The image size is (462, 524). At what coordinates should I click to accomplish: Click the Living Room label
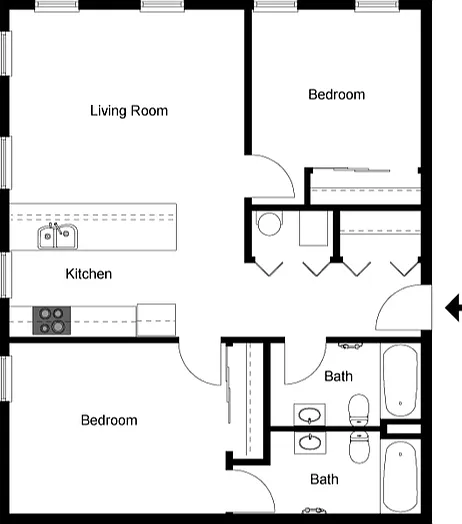coord(129,111)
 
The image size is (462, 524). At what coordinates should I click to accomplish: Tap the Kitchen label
coord(89,274)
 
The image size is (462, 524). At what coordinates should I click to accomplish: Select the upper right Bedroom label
coord(336,95)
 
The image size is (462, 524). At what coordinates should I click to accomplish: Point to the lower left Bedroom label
coord(109,420)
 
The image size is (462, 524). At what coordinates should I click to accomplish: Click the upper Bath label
coord(338,376)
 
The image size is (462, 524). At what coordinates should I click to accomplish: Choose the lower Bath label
coord(324,479)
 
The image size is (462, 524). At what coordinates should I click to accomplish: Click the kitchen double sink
coord(57,236)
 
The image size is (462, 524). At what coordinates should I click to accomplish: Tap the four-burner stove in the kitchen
coord(51,320)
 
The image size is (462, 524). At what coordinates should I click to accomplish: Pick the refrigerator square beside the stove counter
coord(156,320)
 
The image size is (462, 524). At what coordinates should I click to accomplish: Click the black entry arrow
coord(453,308)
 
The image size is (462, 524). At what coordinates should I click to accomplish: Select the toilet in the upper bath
coord(359,410)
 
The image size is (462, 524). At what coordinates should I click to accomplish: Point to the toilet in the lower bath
coord(359,447)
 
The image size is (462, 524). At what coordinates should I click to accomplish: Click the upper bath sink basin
coord(310,415)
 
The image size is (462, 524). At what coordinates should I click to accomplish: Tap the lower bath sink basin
coord(310,442)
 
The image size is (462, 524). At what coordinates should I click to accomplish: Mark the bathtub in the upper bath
coord(400,381)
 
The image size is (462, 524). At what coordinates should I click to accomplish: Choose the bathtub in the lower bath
coord(400,476)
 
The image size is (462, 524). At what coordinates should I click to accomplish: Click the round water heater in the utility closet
coord(269,224)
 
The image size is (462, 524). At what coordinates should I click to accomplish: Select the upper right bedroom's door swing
coord(273,176)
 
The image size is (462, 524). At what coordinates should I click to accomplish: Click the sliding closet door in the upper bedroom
coord(361,170)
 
